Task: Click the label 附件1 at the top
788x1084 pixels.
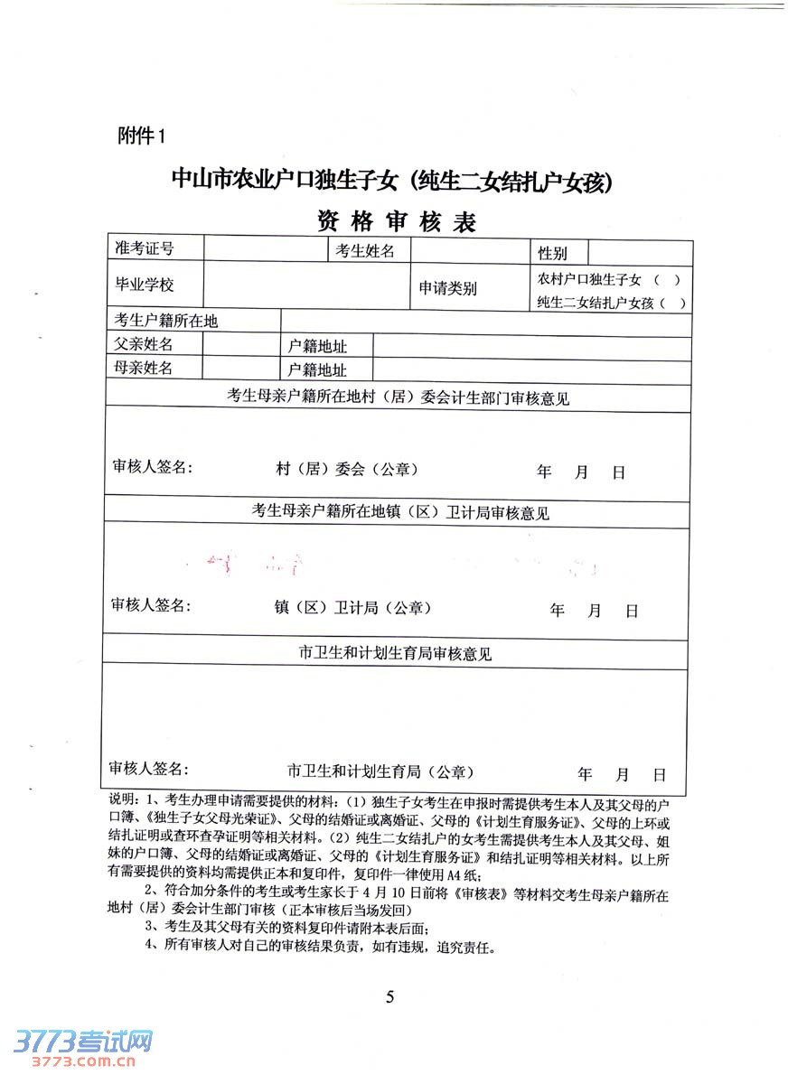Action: [x=143, y=135]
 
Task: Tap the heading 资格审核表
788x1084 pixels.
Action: [x=395, y=221]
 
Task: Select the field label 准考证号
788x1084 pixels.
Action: [x=144, y=249]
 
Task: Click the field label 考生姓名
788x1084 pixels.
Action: [x=365, y=251]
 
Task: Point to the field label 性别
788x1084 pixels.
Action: [x=552, y=253]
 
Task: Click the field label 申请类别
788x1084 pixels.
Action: [x=447, y=289]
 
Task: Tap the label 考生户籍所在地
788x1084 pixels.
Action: [x=165, y=321]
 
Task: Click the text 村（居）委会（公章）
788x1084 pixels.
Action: [x=346, y=470]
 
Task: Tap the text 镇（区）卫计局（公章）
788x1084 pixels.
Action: [x=352, y=608]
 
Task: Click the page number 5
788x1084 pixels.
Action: [x=390, y=997]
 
